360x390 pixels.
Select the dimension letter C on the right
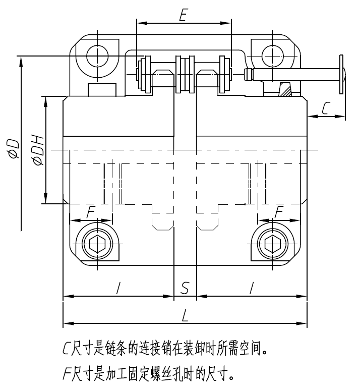(326, 108)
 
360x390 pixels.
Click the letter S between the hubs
(185, 288)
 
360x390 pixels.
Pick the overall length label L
(185, 316)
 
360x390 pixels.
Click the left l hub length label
(118, 288)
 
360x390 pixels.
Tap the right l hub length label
(251, 288)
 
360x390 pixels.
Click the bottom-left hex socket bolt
(96, 244)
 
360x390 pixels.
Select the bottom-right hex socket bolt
(273, 244)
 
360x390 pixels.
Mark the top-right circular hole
(273, 55)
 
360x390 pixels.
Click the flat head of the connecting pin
(343, 74)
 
